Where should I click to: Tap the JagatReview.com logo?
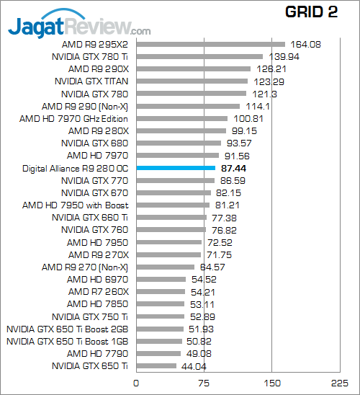point(79,27)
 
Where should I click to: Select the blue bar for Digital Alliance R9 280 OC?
point(175,168)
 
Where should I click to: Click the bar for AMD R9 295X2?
point(210,44)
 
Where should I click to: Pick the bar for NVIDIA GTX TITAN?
point(192,81)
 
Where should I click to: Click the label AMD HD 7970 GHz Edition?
point(74,118)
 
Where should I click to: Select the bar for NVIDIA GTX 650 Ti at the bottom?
point(156,366)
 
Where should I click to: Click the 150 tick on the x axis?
point(271,383)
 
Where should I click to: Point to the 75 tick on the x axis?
point(204,383)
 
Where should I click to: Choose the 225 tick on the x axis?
point(338,383)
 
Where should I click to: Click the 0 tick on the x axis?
point(136,383)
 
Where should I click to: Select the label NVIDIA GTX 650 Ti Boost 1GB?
point(67,341)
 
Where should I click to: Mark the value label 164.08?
point(305,44)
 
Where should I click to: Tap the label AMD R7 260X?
point(99,291)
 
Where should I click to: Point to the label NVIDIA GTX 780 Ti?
point(91,56)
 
